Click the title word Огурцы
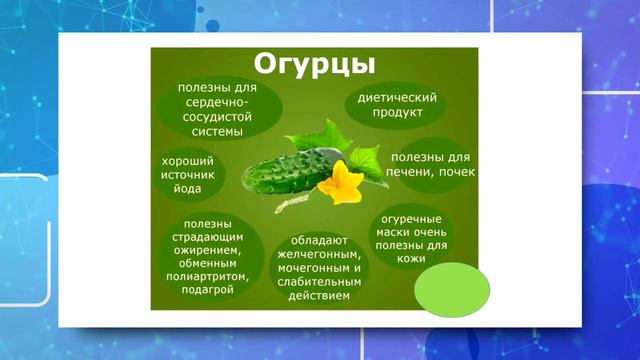(313, 65)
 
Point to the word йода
(186, 188)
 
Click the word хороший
(186, 160)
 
